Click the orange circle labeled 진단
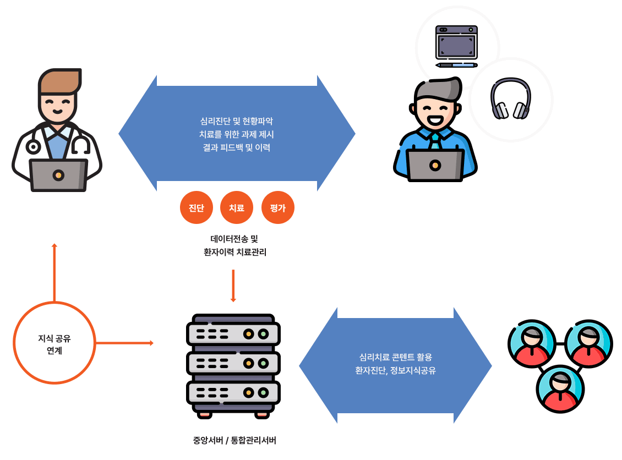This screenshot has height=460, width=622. coord(197,207)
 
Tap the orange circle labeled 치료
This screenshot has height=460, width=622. coord(237,207)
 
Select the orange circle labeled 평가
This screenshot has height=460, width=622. coord(278,207)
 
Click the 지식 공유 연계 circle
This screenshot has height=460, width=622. coord(54,343)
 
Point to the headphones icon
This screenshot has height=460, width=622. coord(510,100)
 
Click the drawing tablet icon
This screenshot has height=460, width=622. coord(456,42)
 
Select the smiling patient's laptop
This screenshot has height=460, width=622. coord(435,165)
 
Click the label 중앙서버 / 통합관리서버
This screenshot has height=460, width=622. coord(234,440)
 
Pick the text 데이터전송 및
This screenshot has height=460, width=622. coord(234,239)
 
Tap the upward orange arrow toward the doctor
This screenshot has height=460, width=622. coord(54,272)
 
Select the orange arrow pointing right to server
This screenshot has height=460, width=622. coord(124,343)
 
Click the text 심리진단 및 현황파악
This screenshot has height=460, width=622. coord(237,121)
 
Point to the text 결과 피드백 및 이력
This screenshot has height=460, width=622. coord(237,147)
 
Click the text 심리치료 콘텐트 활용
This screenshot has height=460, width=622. coord(395,357)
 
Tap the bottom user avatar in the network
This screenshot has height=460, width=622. coord(560,388)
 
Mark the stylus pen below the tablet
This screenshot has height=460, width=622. coord(456,65)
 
